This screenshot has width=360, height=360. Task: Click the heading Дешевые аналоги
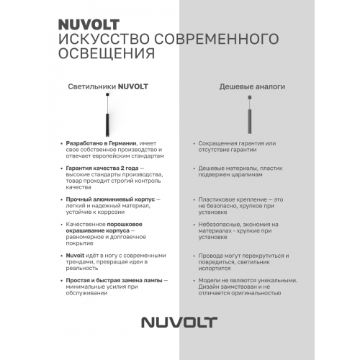click(252, 87)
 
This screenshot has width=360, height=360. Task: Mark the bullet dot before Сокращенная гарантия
click(193, 143)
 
